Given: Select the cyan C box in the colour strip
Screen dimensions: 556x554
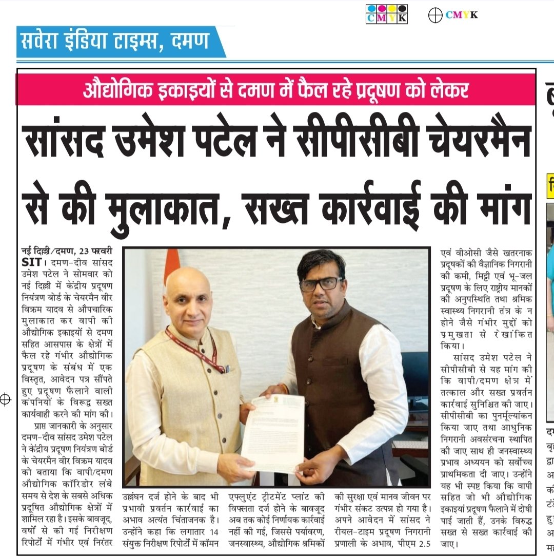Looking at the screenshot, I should coord(371,18).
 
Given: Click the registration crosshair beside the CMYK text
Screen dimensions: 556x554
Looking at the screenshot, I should coord(436,15).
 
